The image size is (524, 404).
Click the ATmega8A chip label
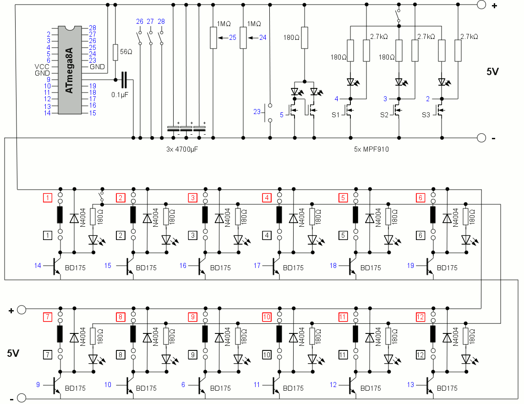click(x=69, y=70)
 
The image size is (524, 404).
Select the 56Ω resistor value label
click(x=126, y=52)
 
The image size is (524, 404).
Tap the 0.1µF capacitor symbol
click(x=123, y=80)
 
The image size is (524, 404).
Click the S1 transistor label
click(x=336, y=115)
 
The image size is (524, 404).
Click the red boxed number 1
click(x=47, y=198)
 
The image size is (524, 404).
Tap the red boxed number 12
click(x=420, y=317)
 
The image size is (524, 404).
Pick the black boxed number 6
click(x=420, y=235)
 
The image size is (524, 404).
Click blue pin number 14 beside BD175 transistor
click(x=38, y=265)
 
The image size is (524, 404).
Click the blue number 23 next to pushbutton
click(x=257, y=111)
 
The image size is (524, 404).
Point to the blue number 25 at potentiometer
click(x=233, y=38)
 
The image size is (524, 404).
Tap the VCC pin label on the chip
click(x=42, y=66)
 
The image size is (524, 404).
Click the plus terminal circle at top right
click(x=481, y=5)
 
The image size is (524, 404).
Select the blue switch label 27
click(x=150, y=22)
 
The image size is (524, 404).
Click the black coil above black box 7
click(x=60, y=334)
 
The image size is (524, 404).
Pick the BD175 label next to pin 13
click(x=447, y=388)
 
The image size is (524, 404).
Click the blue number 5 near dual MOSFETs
click(x=282, y=115)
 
